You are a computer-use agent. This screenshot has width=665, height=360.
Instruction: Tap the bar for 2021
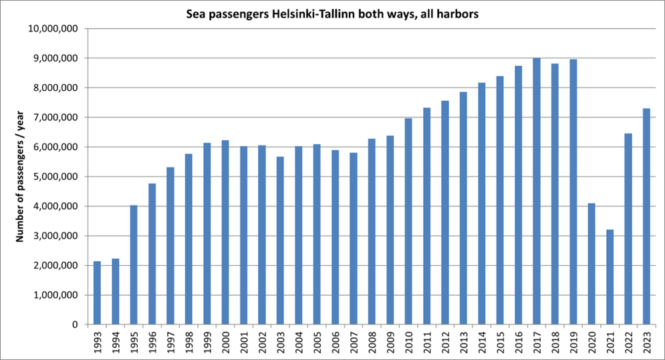click(610, 277)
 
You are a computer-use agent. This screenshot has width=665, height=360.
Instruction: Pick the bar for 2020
click(591, 264)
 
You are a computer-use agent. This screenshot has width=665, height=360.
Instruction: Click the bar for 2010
click(408, 221)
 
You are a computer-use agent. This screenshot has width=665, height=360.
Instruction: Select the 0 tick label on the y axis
click(76, 325)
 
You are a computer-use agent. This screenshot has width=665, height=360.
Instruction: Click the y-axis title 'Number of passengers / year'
click(19, 176)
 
